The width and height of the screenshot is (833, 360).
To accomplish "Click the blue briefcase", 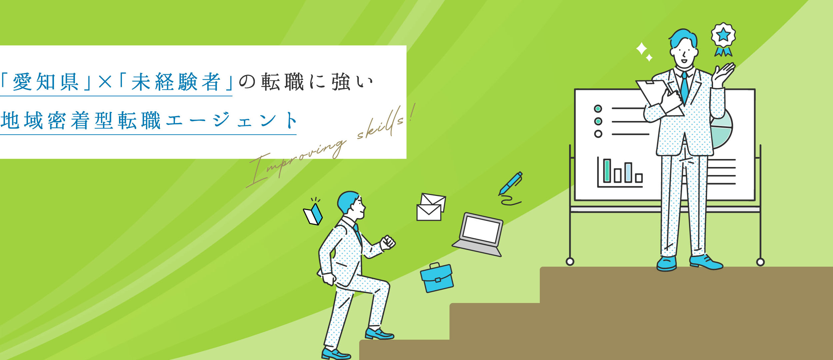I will click(437, 279).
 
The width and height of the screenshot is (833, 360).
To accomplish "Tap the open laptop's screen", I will click(481, 229).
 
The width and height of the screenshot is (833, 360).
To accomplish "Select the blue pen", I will click(511, 183).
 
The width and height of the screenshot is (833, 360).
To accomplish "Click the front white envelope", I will click(429, 213).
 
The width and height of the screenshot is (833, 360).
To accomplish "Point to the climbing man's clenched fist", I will click(388, 242).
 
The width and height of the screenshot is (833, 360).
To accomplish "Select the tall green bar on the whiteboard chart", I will click(607, 171).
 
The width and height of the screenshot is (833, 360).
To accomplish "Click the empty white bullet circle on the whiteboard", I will click(598, 134).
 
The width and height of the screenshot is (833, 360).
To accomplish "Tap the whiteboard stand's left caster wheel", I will click(570, 262).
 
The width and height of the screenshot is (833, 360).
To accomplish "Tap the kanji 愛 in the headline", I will click(22, 82).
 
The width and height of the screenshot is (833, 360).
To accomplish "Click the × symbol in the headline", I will click(105, 82).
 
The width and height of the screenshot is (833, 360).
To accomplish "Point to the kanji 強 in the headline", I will click(341, 82).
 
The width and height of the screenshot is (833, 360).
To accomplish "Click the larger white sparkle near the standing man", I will click(641, 49).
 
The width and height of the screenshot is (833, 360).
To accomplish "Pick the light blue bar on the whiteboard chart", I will click(628, 172).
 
